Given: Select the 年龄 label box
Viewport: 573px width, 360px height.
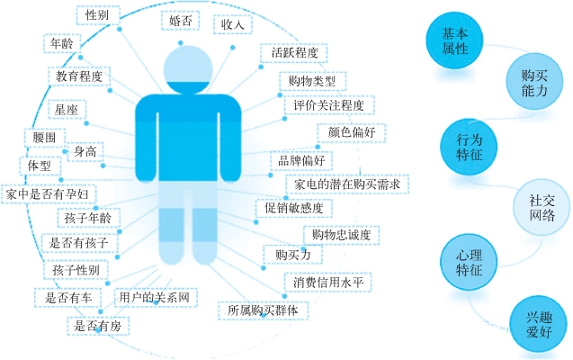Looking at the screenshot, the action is [61, 42].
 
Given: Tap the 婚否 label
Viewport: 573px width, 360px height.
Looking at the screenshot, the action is [179, 20].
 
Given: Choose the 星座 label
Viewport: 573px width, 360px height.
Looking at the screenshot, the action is [66, 110].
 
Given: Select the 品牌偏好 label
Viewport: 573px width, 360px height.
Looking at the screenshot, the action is [306, 159].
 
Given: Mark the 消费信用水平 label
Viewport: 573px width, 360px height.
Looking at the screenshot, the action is [327, 282].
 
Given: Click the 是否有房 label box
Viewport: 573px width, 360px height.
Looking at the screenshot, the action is [97, 325].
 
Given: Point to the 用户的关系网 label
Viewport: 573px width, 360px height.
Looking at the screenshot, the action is [158, 297].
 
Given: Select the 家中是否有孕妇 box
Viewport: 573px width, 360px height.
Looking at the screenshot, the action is [47, 193].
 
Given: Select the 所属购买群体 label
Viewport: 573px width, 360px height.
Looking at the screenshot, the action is [268, 310].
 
